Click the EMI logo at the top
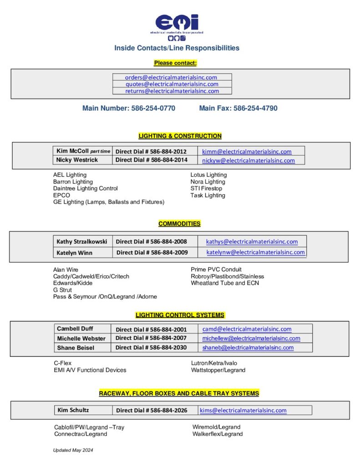tap(177, 25)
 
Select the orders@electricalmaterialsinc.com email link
tap(171, 77)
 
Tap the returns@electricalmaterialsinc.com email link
tap(172, 91)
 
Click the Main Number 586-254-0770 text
tap(129, 108)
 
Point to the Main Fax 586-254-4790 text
tap(238, 108)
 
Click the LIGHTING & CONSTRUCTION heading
tap(180, 136)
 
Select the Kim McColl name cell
tap(82, 151)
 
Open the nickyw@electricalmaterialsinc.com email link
tap(248, 160)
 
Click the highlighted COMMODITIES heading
tap(179, 224)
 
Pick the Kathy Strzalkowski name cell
tap(82, 242)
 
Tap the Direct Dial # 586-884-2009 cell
tap(152, 253)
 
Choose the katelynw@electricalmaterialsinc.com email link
tap(255, 253)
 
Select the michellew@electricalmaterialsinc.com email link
tap(251, 338)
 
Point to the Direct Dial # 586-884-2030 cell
tap(151, 348)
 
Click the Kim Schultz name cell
tap(73, 410)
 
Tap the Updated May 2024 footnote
tap(73, 450)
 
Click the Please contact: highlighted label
tap(175, 63)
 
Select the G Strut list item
tap(62, 290)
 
